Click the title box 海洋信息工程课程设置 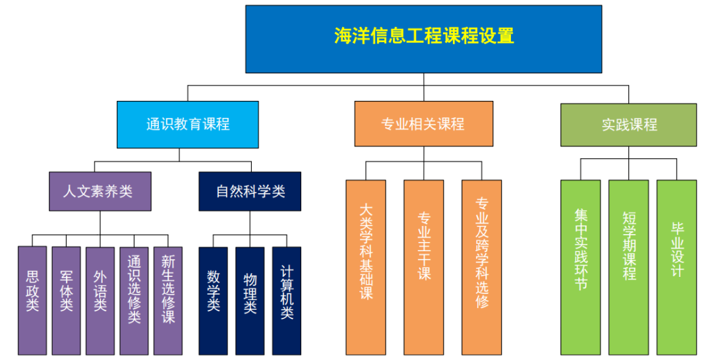423,39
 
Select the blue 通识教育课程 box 187,124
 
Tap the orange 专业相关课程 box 423,123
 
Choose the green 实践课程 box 628,124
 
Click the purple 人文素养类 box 100,191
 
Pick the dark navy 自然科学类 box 250,191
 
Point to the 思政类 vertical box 32,300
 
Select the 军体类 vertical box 66,300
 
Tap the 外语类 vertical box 100,300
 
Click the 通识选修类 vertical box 134,300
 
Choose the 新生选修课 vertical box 167,300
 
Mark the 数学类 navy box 213,300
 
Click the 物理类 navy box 250,300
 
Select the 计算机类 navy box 286,300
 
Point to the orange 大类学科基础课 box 366,267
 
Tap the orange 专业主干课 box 423,267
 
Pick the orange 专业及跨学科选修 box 481,267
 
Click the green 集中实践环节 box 580,267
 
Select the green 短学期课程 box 628,267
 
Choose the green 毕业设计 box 676,267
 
